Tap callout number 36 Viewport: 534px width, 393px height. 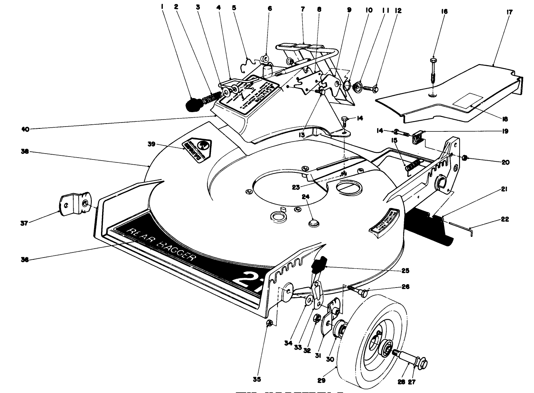[24, 259]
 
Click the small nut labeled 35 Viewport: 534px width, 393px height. [270, 323]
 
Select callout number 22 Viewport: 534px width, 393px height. [505, 219]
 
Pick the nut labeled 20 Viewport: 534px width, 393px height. [463, 158]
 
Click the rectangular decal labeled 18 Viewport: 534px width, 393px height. [468, 101]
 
